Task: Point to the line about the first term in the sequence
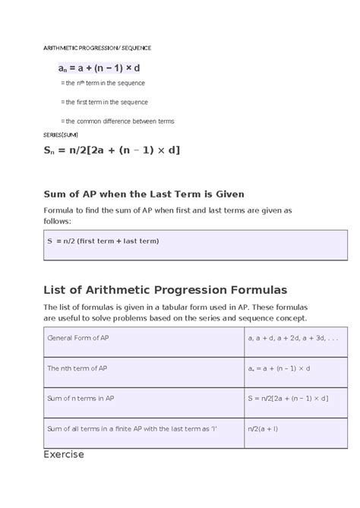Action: click(104, 102)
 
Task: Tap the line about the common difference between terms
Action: click(117, 121)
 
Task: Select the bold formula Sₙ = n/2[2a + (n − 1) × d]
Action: click(111, 150)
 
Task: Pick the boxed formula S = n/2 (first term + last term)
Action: click(103, 241)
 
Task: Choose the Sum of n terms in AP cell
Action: click(81, 397)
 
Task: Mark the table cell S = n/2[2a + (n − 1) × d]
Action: click(287, 397)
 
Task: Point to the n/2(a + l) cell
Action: click(261, 428)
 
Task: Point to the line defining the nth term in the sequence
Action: click(103, 83)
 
